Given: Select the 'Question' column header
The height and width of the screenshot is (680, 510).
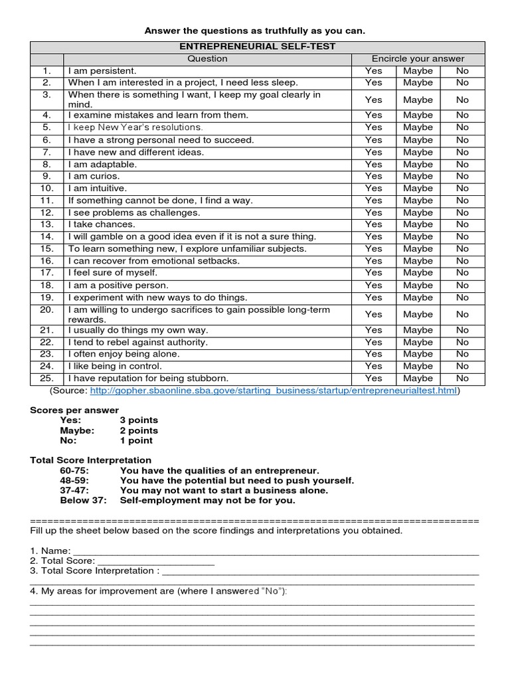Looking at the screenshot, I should tap(207, 58).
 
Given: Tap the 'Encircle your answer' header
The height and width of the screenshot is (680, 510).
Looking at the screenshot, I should tap(418, 58).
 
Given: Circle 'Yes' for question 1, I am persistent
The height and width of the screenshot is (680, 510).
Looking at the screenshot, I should tap(374, 70).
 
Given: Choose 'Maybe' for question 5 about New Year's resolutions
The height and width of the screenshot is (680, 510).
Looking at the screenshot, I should tap(418, 127).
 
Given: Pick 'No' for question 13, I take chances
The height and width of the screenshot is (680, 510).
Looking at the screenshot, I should tap(462, 224).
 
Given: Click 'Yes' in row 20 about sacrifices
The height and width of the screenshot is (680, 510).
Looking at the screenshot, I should tap(374, 314).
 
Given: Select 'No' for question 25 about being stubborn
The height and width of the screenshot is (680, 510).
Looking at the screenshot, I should tap(462, 378).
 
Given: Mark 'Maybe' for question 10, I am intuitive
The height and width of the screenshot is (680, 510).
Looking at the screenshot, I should tap(418, 188).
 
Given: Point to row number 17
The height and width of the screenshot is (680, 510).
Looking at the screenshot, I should tap(46, 272).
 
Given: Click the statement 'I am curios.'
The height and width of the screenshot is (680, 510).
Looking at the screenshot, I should tap(94, 176).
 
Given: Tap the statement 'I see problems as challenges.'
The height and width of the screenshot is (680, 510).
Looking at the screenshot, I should tap(133, 212).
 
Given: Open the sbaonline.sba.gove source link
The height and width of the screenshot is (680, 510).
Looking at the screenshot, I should tap(273, 390).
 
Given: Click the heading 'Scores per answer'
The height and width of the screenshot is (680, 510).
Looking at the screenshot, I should tap(74, 410).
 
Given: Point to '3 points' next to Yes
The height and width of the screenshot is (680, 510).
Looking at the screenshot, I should tap(139, 420).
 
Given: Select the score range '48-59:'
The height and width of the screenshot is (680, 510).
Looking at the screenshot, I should tap(74, 480).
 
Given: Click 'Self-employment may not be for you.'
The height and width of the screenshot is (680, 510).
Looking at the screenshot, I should tap(207, 500).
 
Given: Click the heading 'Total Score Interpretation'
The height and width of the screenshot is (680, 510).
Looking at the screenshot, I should tap(91, 460).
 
